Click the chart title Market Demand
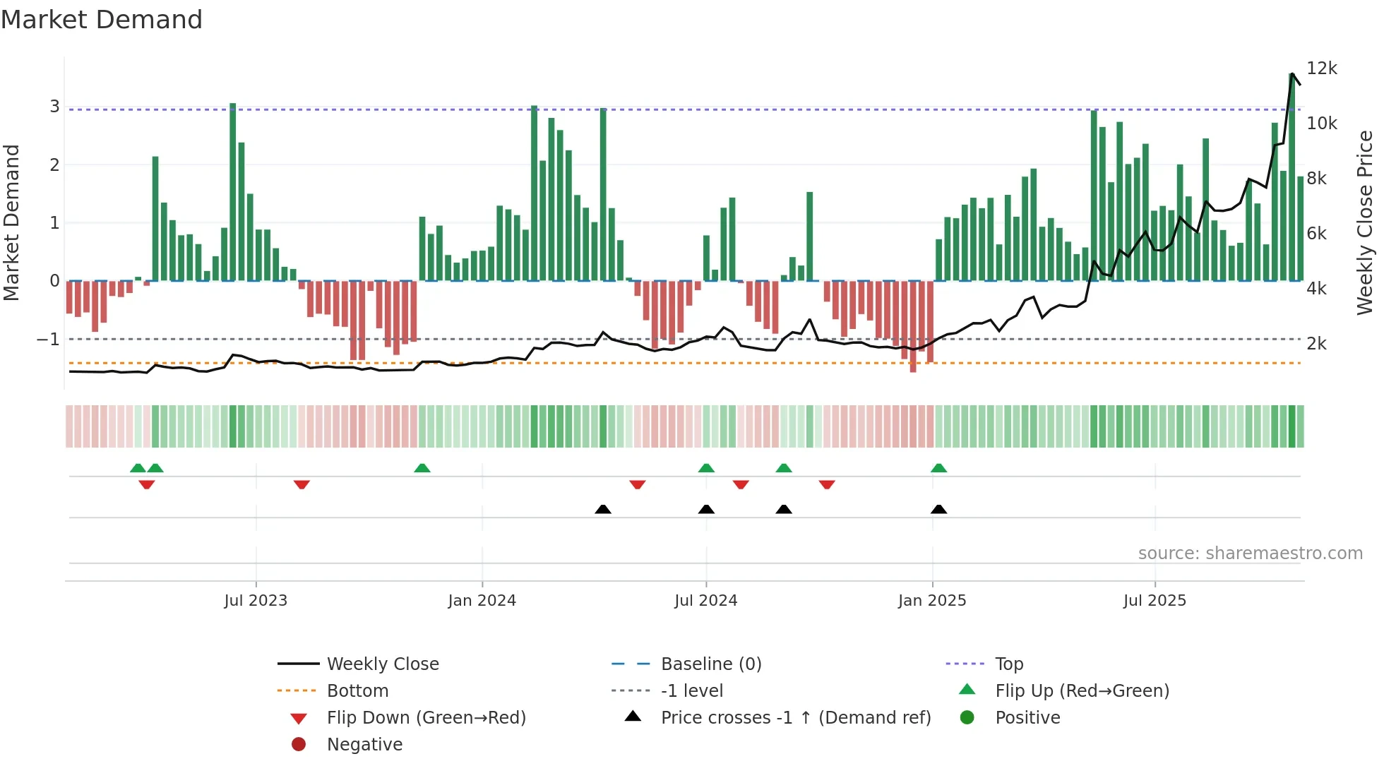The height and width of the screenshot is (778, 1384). click(102, 20)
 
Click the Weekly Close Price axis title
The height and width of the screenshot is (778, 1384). click(1365, 222)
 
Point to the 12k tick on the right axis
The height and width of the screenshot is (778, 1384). click(1321, 68)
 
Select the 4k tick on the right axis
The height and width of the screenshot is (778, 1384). click(1316, 289)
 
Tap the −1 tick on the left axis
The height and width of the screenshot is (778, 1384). click(48, 340)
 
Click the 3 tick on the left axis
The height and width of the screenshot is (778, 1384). click(54, 107)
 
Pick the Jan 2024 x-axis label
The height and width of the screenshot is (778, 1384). click(482, 601)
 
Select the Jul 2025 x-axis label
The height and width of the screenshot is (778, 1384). click(1155, 601)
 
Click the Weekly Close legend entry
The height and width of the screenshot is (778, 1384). click(382, 664)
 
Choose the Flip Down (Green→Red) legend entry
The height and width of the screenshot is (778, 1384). click(426, 718)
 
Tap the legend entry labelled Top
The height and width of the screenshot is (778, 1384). click(1008, 664)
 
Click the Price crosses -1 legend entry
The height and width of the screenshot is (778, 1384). click(795, 718)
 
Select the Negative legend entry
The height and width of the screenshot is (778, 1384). click(364, 745)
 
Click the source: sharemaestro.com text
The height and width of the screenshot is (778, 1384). click(1250, 553)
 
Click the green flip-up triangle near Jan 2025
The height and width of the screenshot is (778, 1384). click(938, 468)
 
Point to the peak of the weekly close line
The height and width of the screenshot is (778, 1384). click(1292, 73)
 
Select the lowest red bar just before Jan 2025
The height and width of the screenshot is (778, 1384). click(913, 326)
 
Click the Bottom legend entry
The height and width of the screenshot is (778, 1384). click(357, 691)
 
